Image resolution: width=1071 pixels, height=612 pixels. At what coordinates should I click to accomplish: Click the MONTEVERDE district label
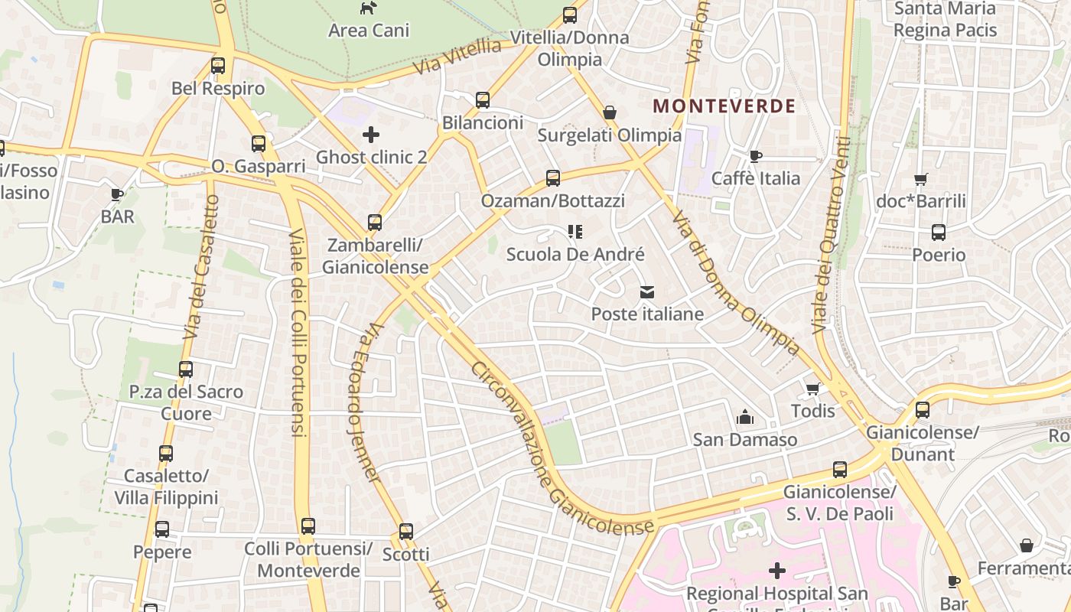[724, 106]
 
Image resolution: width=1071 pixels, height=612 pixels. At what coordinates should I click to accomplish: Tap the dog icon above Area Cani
[369, 8]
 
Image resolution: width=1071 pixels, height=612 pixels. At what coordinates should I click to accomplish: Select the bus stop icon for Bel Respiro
[218, 66]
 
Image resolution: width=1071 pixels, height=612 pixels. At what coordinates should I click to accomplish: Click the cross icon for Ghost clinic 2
[371, 135]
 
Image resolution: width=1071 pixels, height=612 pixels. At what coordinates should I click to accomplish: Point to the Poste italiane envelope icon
[647, 292]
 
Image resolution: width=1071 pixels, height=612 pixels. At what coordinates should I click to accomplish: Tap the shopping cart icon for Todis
[813, 389]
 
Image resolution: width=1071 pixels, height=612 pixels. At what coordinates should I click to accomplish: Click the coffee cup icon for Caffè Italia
[756, 156]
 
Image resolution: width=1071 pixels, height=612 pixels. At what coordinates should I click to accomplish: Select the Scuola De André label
[575, 255]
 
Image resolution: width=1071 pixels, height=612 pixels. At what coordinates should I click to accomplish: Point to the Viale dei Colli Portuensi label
[298, 333]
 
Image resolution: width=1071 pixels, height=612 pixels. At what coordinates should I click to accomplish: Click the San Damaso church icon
[744, 417]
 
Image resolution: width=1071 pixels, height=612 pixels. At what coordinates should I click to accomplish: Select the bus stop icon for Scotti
[406, 531]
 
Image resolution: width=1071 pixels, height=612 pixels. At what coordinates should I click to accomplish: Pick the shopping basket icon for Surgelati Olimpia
[610, 112]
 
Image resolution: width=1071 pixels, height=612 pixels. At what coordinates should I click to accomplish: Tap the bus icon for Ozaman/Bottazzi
[553, 178]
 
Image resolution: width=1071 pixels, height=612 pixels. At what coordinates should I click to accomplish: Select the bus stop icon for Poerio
[939, 233]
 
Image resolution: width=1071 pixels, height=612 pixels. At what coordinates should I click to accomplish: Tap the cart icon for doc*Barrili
[921, 179]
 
